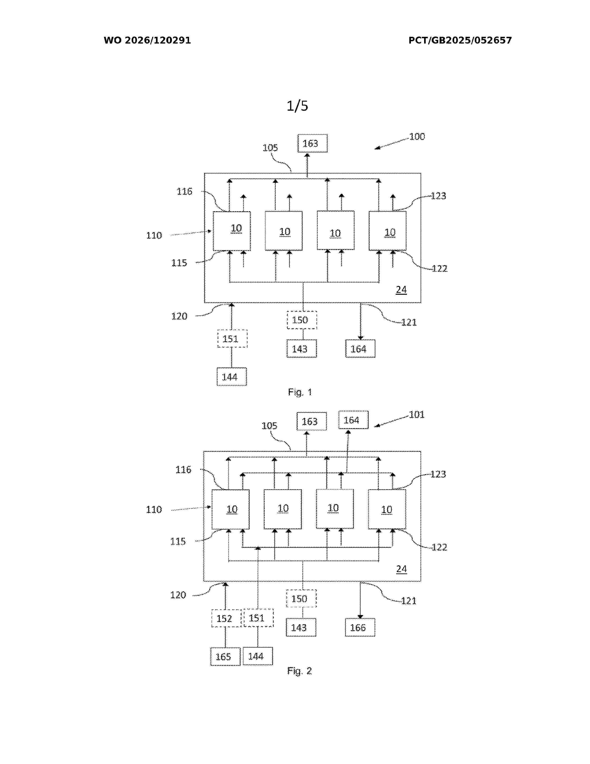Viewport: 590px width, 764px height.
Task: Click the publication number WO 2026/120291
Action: coord(147,40)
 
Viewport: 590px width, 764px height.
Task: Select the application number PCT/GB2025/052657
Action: coord(460,40)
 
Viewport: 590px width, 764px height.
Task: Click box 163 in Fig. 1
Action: coord(313,144)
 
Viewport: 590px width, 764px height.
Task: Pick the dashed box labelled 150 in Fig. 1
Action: coord(302,320)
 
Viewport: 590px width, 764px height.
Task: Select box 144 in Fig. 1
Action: coord(232,377)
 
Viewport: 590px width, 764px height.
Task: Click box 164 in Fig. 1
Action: coord(360,349)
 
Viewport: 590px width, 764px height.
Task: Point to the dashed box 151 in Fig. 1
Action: coord(233,339)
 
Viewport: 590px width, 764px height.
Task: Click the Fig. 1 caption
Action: coord(300,392)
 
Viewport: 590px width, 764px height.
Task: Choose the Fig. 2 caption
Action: coord(299,671)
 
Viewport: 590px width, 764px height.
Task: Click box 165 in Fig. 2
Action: coord(225,657)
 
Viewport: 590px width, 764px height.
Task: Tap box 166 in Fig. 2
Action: coord(360,628)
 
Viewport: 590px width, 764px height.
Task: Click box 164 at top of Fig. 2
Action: coord(353,420)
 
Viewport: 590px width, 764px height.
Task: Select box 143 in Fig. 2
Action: coord(301,628)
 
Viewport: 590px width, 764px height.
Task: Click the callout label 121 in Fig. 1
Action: coord(409,323)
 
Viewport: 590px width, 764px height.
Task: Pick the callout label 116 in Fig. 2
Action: coord(183,470)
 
